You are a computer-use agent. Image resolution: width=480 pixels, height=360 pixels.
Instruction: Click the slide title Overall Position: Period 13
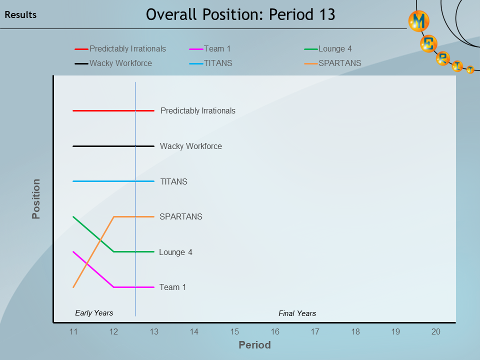click(240, 14)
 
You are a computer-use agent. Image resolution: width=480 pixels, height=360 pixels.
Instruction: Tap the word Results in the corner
click(20, 15)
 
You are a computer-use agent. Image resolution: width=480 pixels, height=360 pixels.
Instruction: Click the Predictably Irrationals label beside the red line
click(197, 111)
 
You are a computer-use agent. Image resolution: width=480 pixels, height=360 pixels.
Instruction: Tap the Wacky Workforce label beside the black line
click(190, 146)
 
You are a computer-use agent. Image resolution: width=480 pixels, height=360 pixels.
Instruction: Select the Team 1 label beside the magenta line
click(172, 287)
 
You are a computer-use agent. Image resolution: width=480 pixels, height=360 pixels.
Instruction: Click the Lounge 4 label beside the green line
click(175, 252)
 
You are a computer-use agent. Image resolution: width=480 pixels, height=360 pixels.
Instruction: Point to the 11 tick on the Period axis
click(73, 331)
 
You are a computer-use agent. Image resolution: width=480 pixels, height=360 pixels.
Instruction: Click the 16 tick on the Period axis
click(275, 331)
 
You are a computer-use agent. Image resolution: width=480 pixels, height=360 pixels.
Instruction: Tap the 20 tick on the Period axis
click(436, 331)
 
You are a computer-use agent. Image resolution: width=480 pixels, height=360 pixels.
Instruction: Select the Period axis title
click(254, 345)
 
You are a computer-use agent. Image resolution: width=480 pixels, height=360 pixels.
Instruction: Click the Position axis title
click(36, 199)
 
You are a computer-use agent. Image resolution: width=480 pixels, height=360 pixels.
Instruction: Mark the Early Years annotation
click(94, 313)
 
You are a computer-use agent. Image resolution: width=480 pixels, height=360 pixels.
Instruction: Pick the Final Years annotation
click(297, 313)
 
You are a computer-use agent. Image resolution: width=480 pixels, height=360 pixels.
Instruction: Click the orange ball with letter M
click(419, 21)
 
